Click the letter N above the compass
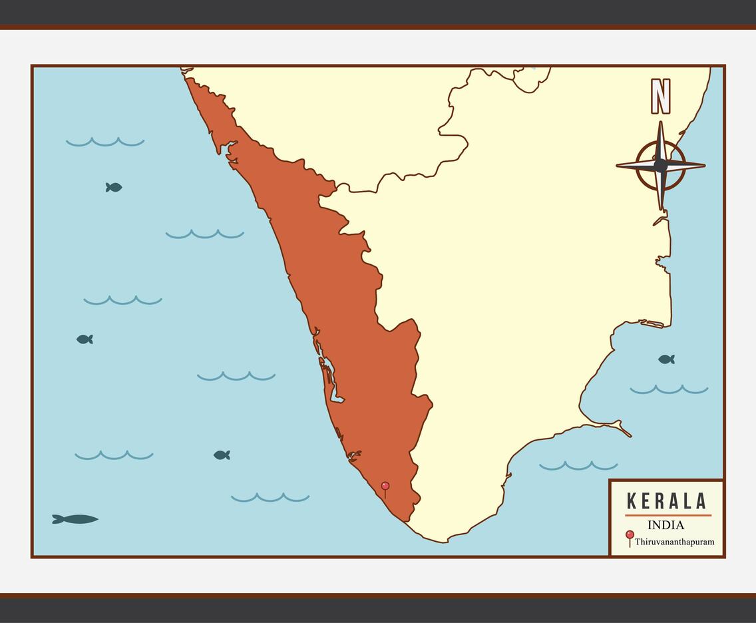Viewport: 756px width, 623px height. tap(660, 97)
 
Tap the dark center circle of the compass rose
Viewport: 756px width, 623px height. tap(660, 165)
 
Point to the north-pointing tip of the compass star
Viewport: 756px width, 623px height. tap(661, 124)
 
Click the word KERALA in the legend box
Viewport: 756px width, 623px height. tap(667, 501)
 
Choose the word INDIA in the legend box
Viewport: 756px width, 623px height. tap(665, 525)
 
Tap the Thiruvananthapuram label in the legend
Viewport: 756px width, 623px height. tap(674, 542)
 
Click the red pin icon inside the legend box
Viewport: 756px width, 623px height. tap(630, 535)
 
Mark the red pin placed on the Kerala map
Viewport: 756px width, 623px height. tap(385, 487)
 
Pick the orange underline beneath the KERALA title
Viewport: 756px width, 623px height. tap(667, 515)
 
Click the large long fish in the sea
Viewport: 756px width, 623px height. tap(76, 519)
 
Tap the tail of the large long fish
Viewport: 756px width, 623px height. tap(57, 519)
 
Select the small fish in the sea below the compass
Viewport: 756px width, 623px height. tap(666, 359)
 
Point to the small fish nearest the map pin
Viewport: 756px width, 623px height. tap(222, 455)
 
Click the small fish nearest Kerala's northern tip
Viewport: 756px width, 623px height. tap(114, 188)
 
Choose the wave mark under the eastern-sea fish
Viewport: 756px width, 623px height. tap(669, 389)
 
